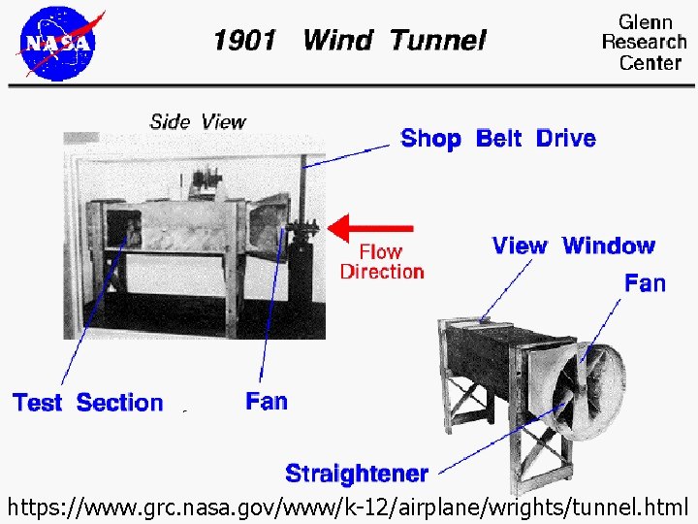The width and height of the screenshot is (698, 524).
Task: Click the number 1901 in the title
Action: [x=244, y=41]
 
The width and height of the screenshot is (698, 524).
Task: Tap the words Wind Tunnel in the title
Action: [x=395, y=41]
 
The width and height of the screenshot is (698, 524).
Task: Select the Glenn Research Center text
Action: [x=644, y=42]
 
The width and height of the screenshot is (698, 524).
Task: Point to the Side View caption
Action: [x=198, y=121]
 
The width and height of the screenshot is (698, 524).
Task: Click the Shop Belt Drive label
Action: [x=498, y=138]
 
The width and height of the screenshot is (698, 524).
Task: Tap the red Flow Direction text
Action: [x=382, y=262]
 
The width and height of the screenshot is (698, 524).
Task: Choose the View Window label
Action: [x=574, y=246]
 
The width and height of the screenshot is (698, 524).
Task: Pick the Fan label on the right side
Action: [x=645, y=282]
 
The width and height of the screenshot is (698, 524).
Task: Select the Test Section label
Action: [x=87, y=402]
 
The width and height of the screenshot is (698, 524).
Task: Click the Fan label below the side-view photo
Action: [x=267, y=400]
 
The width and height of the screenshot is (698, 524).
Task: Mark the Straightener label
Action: [x=357, y=473]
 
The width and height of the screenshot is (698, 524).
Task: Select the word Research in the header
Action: [x=644, y=42]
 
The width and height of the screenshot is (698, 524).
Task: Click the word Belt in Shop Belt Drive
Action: [x=498, y=138]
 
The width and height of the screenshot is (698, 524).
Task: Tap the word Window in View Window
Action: [x=609, y=246]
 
